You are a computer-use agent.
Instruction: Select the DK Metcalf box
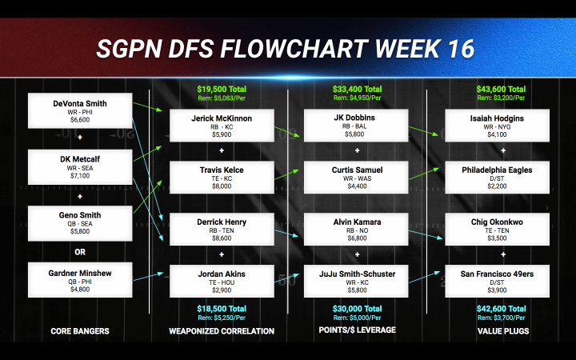click(79, 167)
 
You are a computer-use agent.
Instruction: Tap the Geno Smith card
click(79, 223)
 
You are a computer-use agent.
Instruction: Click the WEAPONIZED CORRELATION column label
click(221, 330)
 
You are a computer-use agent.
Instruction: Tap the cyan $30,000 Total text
click(357, 308)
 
